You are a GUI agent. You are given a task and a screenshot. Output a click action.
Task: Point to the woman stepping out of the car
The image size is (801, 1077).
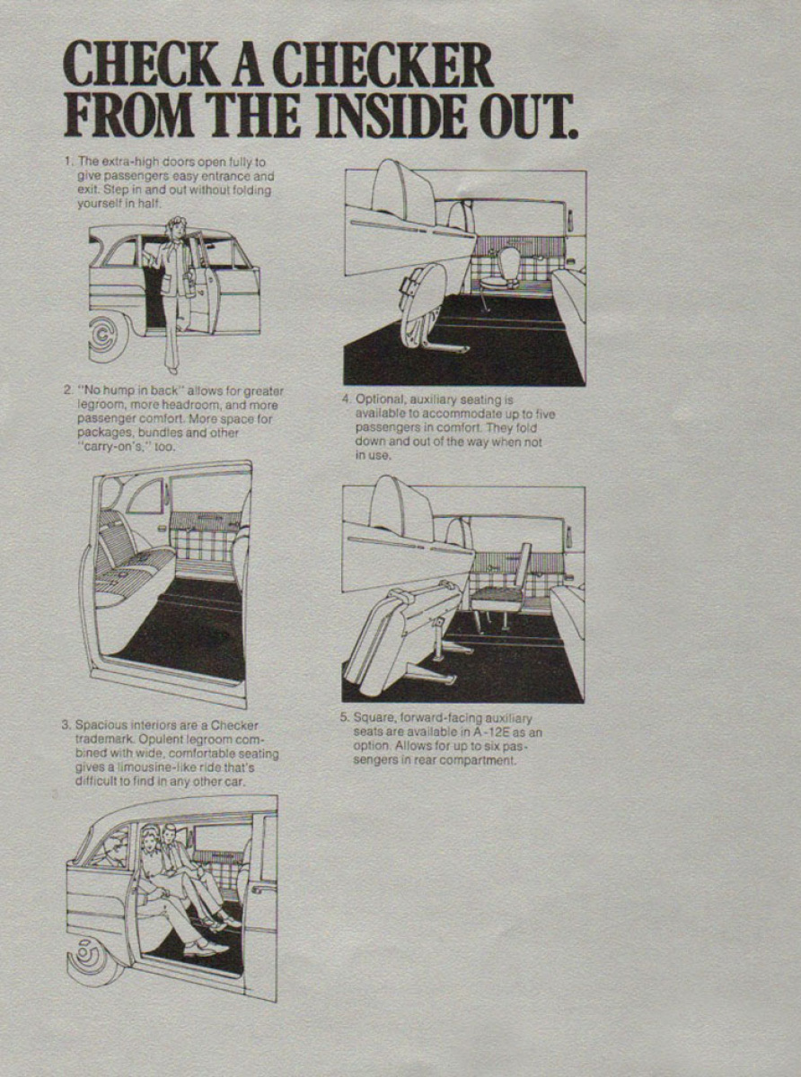pos(177,287)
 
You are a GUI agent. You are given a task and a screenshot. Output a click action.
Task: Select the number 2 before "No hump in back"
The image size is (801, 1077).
pos(67,391)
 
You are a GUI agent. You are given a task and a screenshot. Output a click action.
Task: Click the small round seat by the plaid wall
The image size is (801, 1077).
pos(507,269)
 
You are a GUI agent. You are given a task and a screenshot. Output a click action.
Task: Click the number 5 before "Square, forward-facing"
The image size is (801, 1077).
pos(344,718)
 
